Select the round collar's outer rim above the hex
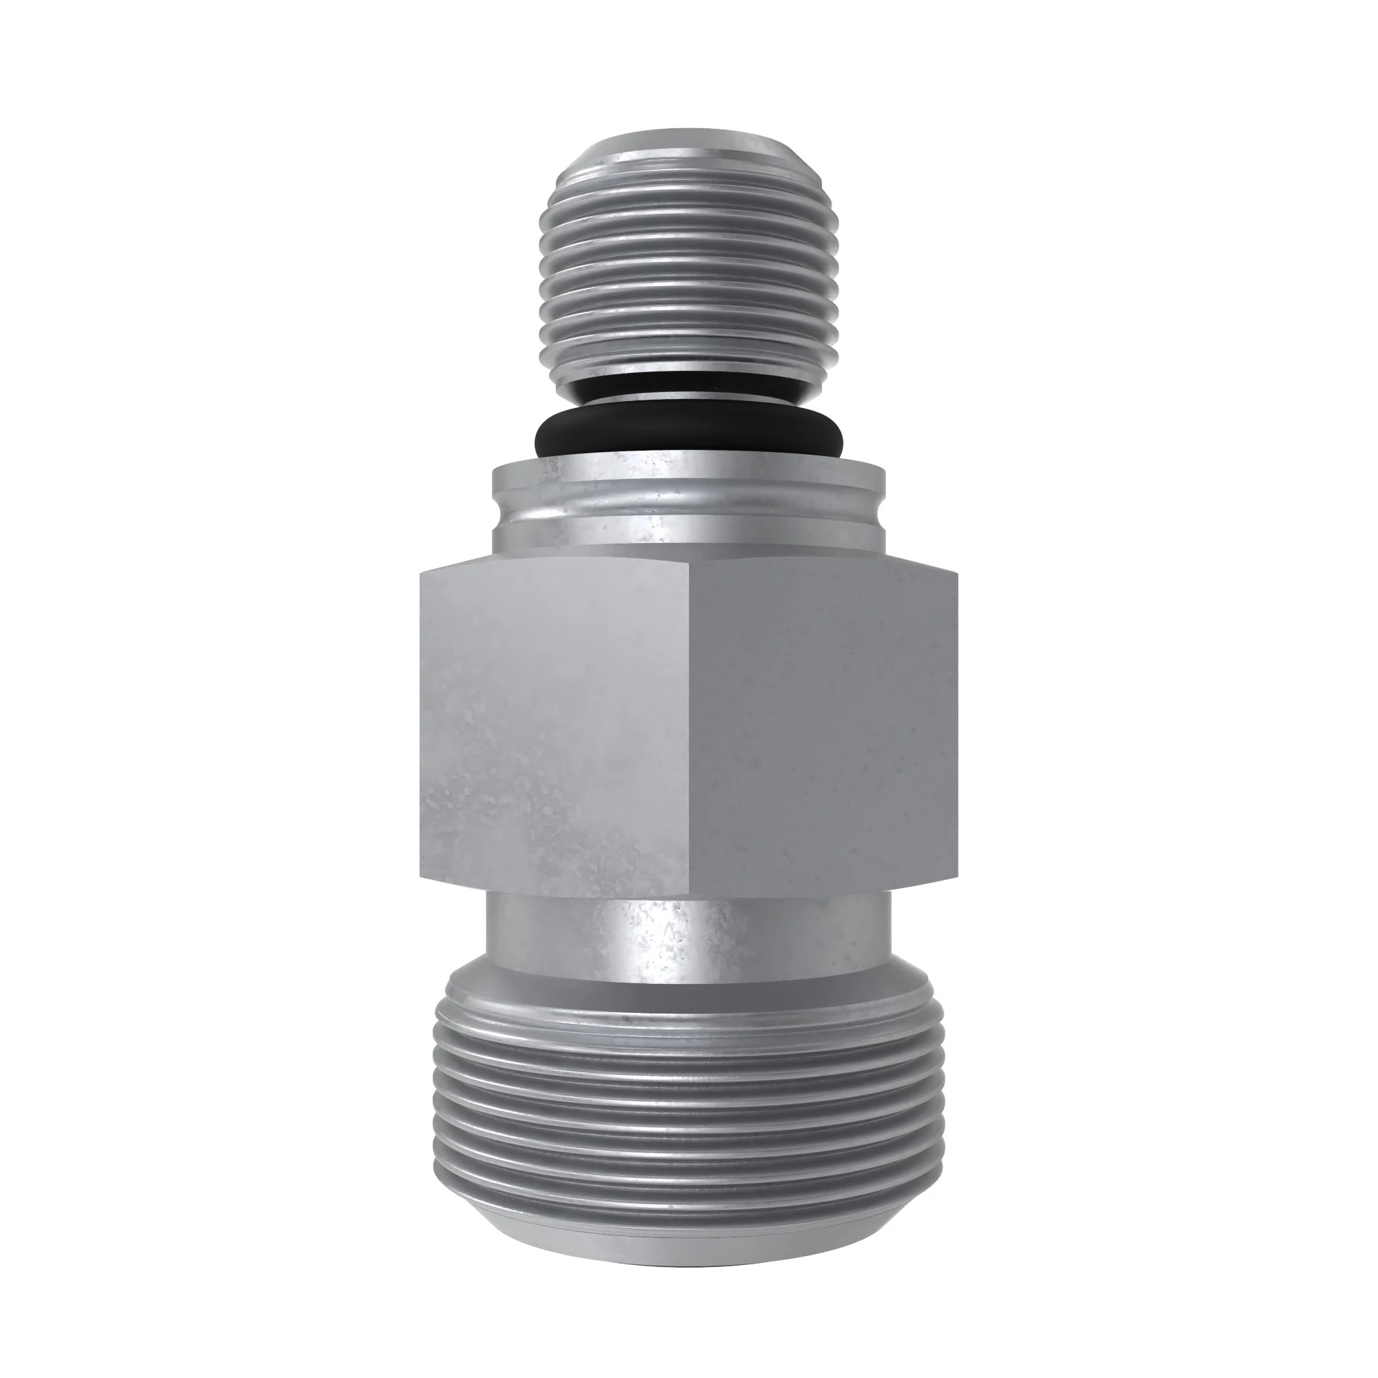click(x=688, y=492)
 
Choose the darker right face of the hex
click(x=820, y=728)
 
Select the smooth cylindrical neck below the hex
click(x=688, y=934)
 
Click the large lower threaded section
click(x=688, y=1113)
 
